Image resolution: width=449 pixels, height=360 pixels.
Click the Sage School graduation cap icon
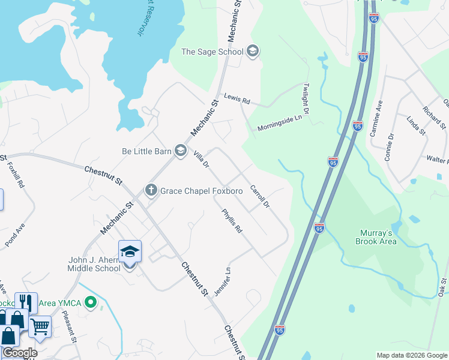pos(253,52)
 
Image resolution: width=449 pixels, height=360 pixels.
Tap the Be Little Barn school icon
pos(180,151)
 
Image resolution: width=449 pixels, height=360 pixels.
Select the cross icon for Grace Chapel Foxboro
pos(151,191)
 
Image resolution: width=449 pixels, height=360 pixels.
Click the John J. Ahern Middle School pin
pos(130,254)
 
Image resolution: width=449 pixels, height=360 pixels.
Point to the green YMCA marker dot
pos(91,302)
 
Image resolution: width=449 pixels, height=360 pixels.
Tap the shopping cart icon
pos(40,327)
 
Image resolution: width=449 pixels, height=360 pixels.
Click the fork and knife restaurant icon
pos(26,302)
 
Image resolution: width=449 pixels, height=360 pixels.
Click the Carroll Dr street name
pos(260,197)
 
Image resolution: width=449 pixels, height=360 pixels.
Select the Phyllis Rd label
pos(231,220)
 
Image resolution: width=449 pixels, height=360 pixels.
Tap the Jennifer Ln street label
pos(221,281)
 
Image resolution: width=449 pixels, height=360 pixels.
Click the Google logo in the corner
pos(20,353)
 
